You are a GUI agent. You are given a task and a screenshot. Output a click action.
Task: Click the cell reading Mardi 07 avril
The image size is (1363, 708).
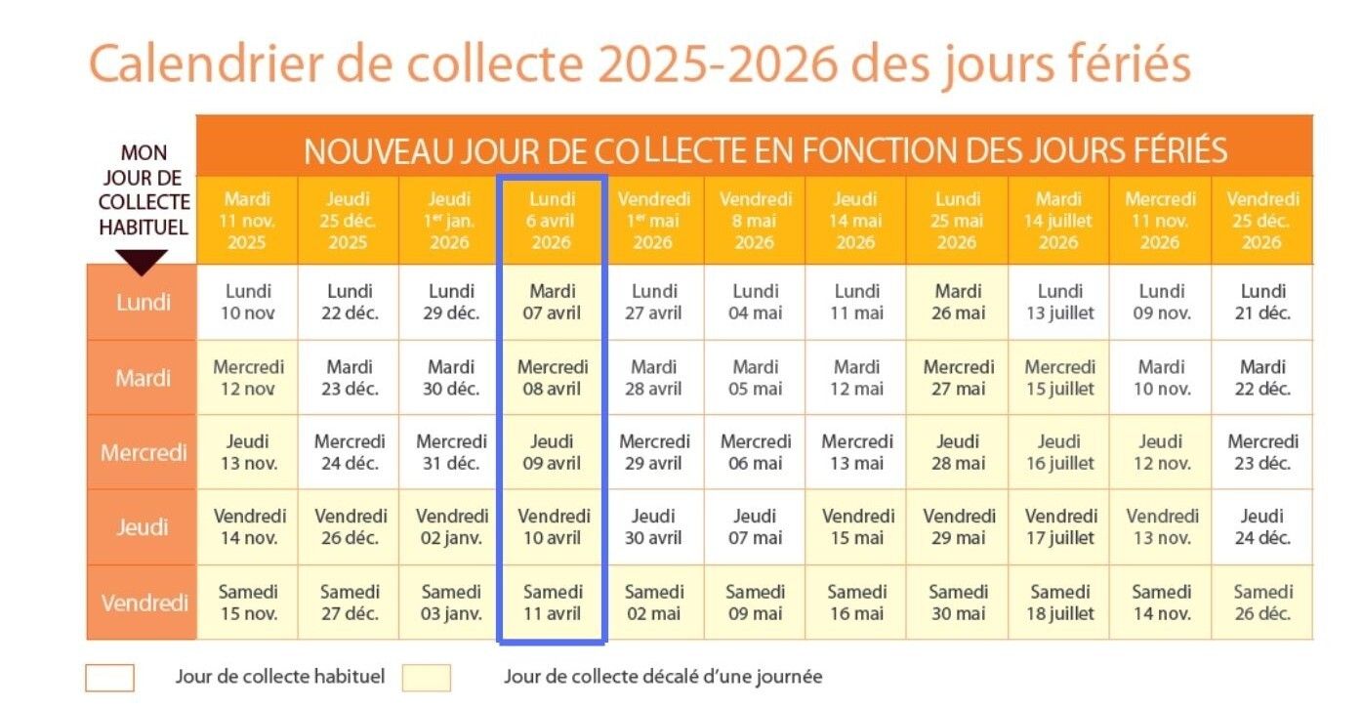pyautogui.click(x=553, y=302)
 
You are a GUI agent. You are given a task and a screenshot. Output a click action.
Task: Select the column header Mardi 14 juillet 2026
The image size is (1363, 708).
pyautogui.click(x=1058, y=221)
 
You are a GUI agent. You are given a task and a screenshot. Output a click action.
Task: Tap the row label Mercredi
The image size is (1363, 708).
pyautogui.click(x=143, y=452)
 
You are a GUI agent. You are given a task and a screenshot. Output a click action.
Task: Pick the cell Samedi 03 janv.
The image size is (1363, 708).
pyautogui.click(x=451, y=603)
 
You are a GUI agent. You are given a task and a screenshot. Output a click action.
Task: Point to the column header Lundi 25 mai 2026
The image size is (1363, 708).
pyautogui.click(x=958, y=221)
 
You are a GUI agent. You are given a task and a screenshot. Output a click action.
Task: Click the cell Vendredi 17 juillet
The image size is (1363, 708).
pyautogui.click(x=1060, y=526)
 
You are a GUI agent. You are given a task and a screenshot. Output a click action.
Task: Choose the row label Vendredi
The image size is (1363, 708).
pyautogui.click(x=143, y=603)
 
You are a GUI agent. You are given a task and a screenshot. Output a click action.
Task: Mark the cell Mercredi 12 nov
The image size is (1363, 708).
pyautogui.click(x=248, y=377)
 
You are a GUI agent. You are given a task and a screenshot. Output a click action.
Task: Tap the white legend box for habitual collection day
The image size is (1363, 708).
pyautogui.click(x=109, y=678)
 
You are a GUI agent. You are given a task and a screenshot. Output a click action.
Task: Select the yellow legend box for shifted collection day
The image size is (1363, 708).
pyautogui.click(x=426, y=678)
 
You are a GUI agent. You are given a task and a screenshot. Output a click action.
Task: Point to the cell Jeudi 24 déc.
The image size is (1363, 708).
pyautogui.click(x=1262, y=526)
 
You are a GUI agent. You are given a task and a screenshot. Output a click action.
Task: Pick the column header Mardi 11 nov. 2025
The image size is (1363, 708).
pyautogui.click(x=248, y=221)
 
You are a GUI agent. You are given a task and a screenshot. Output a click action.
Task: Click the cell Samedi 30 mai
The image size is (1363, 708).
pyautogui.click(x=958, y=603)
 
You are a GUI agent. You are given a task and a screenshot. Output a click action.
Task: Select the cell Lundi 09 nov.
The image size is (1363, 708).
pyautogui.click(x=1161, y=302)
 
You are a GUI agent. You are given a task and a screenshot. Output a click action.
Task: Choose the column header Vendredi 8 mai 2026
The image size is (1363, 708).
pyautogui.click(x=755, y=221)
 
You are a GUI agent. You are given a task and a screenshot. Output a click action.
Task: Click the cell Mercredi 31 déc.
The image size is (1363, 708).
pyautogui.click(x=451, y=452)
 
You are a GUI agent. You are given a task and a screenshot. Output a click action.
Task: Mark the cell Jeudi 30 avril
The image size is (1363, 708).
pyautogui.click(x=654, y=526)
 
